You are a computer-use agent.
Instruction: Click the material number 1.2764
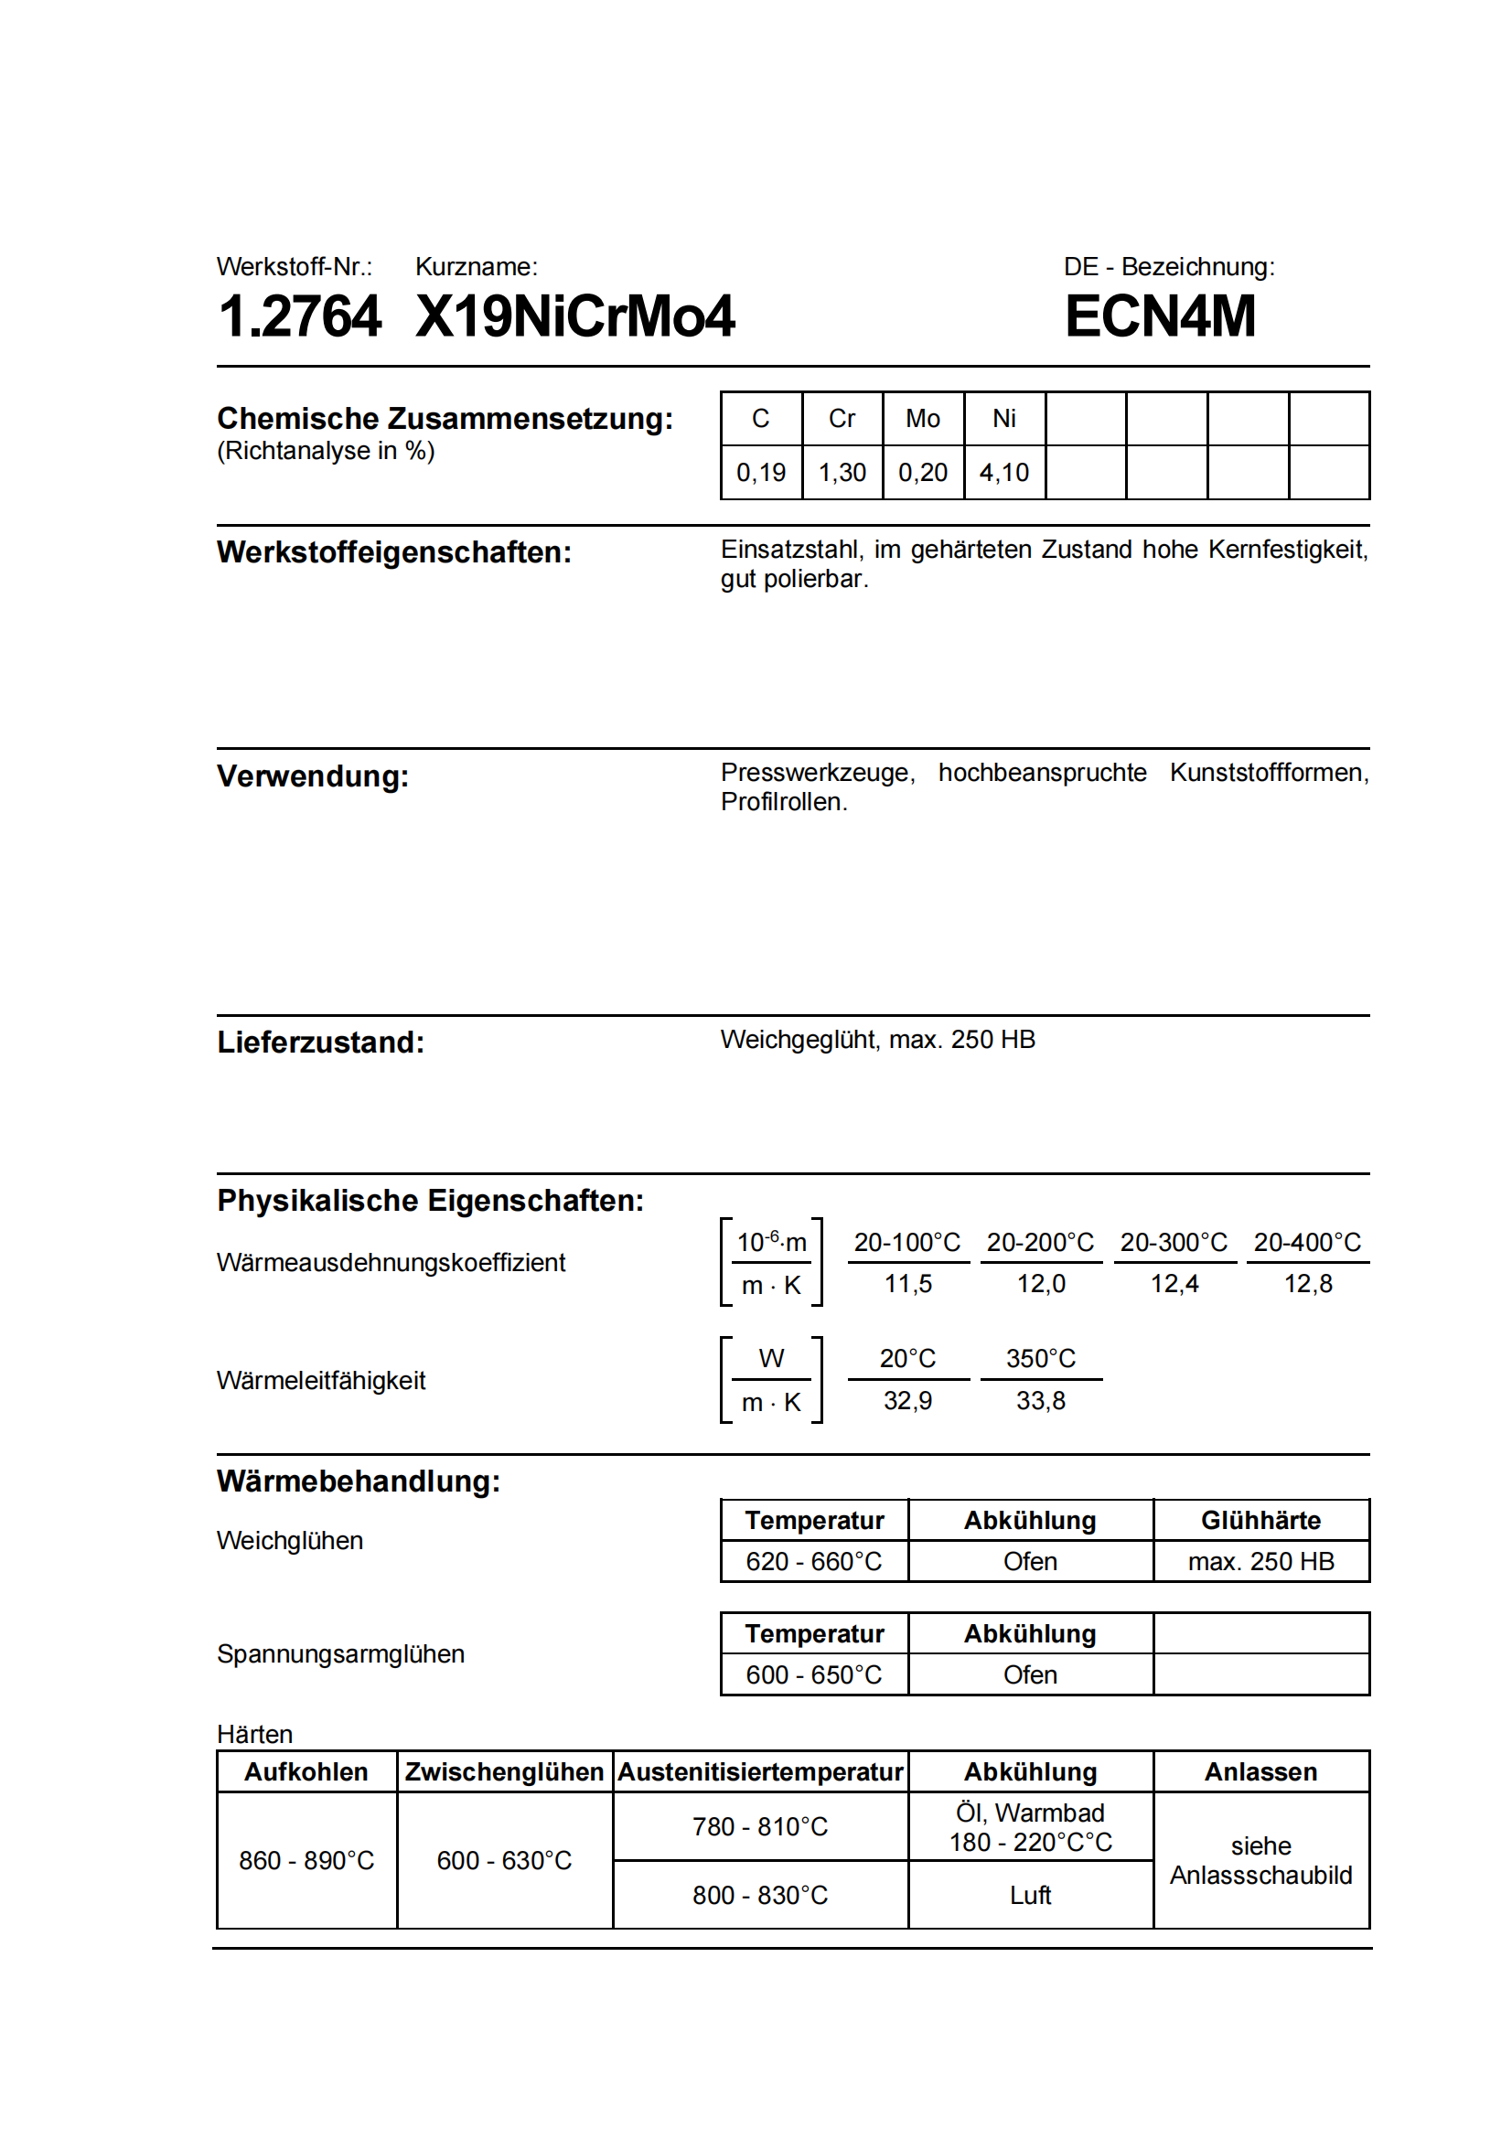299,316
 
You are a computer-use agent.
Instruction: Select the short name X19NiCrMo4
574,316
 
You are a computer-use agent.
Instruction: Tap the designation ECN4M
1160,316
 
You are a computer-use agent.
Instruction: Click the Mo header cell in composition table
922,419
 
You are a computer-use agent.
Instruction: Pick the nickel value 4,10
1003,474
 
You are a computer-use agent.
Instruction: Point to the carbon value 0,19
761,474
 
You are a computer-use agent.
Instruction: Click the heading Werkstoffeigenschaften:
394,552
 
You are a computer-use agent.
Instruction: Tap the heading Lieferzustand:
320,1043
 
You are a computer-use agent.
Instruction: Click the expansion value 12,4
1174,1284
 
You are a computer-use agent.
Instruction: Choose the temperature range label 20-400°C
1307,1243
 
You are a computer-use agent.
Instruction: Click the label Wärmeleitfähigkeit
320,1381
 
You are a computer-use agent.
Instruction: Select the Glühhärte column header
1260,1521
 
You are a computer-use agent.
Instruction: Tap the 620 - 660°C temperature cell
813,1561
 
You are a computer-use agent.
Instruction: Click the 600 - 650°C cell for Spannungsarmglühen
813,1675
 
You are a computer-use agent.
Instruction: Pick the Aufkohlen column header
306,1772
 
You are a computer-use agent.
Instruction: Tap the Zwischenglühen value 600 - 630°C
504,1860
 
